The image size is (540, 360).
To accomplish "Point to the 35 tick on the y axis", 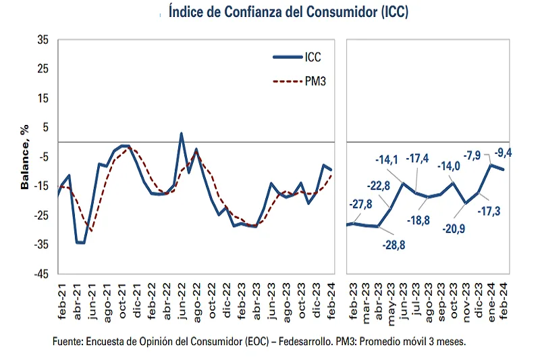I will (x=43, y=41).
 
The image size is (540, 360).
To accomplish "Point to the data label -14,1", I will (x=390, y=159).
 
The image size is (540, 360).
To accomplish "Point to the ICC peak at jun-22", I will (x=181, y=134).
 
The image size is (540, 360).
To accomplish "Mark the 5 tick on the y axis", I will (x=45, y=128).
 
